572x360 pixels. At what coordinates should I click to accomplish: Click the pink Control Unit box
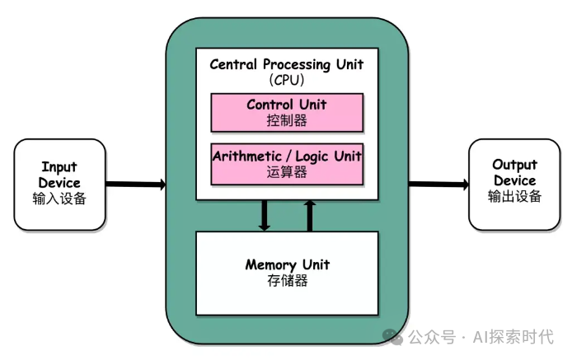click(287, 113)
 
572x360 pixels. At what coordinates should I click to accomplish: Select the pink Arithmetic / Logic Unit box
click(287, 163)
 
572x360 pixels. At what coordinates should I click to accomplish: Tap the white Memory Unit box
click(287, 273)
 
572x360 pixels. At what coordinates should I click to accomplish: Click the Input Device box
click(59, 184)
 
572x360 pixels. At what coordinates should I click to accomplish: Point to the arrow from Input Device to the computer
click(135, 184)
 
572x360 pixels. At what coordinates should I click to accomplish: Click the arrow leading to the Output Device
click(438, 184)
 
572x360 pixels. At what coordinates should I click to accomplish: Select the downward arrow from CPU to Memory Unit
click(265, 215)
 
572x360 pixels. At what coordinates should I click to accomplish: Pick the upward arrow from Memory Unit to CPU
click(310, 215)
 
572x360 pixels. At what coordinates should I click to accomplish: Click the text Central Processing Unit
click(287, 63)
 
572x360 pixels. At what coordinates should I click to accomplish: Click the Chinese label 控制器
click(287, 120)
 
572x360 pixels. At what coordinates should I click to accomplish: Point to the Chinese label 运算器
click(287, 171)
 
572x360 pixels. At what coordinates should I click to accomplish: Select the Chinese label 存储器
click(287, 281)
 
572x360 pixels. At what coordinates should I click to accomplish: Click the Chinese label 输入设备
click(59, 199)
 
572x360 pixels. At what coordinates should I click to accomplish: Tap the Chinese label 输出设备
click(513, 196)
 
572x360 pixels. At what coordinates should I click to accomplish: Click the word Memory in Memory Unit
click(270, 264)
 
